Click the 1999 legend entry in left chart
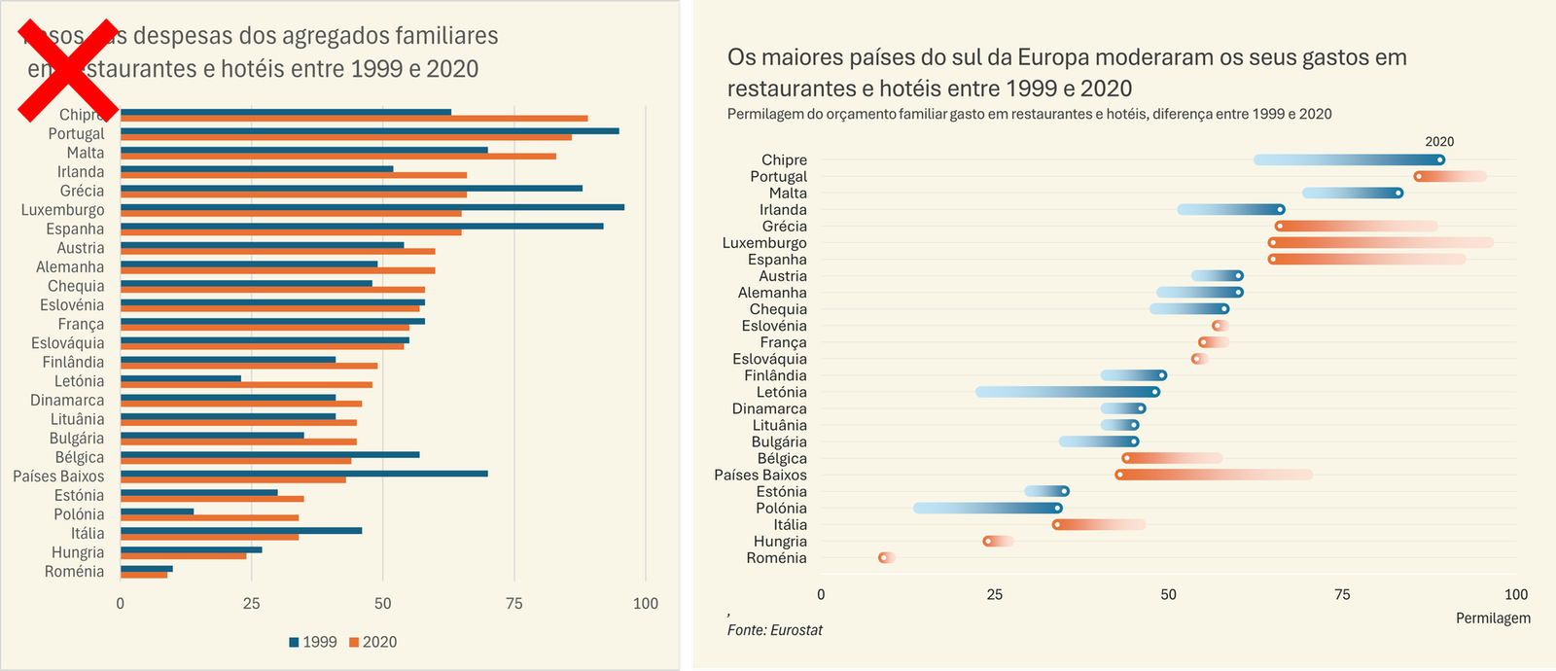313,642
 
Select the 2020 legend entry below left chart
373,642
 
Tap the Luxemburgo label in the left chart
63,210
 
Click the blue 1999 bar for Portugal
370,130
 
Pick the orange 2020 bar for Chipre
354,119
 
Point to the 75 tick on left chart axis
514,603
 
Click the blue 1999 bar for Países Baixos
304,474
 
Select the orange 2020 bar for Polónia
209,517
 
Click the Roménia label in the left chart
74,572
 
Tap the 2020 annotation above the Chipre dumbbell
1439,142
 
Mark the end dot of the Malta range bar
1398,193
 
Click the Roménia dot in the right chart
883,557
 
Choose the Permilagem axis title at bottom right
1493,618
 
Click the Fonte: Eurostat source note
775,630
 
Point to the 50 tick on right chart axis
1168,594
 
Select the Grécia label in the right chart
784,227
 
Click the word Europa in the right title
1051,57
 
